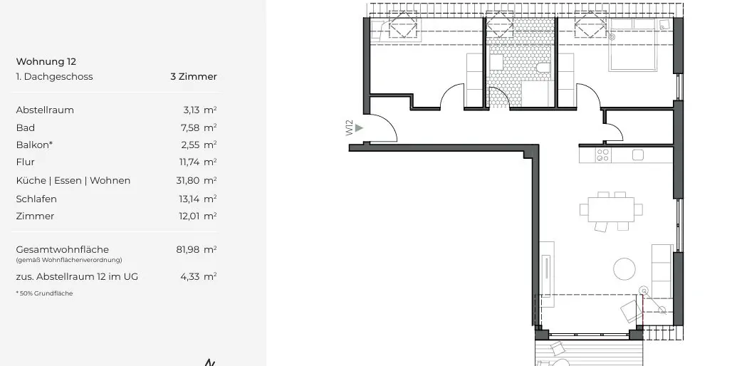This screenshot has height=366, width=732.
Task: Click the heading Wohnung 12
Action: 46,62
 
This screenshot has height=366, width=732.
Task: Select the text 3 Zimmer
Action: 193,77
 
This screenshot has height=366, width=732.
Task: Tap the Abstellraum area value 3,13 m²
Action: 199,110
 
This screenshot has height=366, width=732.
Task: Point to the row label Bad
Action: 25,128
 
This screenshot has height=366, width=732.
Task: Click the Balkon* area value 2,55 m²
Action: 199,145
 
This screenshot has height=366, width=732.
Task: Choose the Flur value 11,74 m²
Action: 197,162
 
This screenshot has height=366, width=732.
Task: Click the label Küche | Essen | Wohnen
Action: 73,181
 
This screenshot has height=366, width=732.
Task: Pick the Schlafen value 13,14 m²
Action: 197,199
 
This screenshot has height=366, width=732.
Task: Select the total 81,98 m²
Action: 196,250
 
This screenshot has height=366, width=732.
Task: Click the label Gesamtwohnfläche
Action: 62,250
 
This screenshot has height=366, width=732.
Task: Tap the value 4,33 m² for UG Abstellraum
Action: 199,276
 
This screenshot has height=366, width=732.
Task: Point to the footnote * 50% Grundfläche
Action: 44,293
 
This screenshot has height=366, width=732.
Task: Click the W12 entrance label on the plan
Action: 350,127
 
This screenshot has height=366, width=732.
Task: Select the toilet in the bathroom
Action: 543,68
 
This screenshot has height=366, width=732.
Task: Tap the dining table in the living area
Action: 611,209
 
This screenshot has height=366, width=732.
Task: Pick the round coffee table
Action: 624,268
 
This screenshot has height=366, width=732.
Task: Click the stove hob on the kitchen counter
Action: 602,155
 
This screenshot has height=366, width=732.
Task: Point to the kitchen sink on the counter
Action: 637,155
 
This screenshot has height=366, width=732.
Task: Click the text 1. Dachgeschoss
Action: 54,77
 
